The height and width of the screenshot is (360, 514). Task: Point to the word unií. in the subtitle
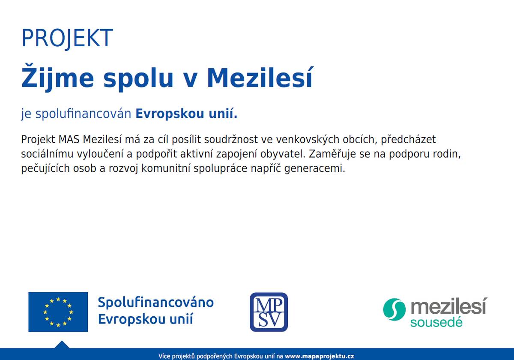[221, 114]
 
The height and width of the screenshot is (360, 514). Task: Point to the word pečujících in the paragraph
[42, 168]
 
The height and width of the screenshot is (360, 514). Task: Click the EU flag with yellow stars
[58, 312]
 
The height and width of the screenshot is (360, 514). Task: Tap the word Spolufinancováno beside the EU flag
[155, 303]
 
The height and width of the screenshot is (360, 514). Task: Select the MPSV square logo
[269, 312]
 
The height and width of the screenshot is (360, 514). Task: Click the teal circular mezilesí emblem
[394, 309]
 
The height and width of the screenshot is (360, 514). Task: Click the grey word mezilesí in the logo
[448, 307]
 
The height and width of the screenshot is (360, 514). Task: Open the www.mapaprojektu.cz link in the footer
[320, 356]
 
